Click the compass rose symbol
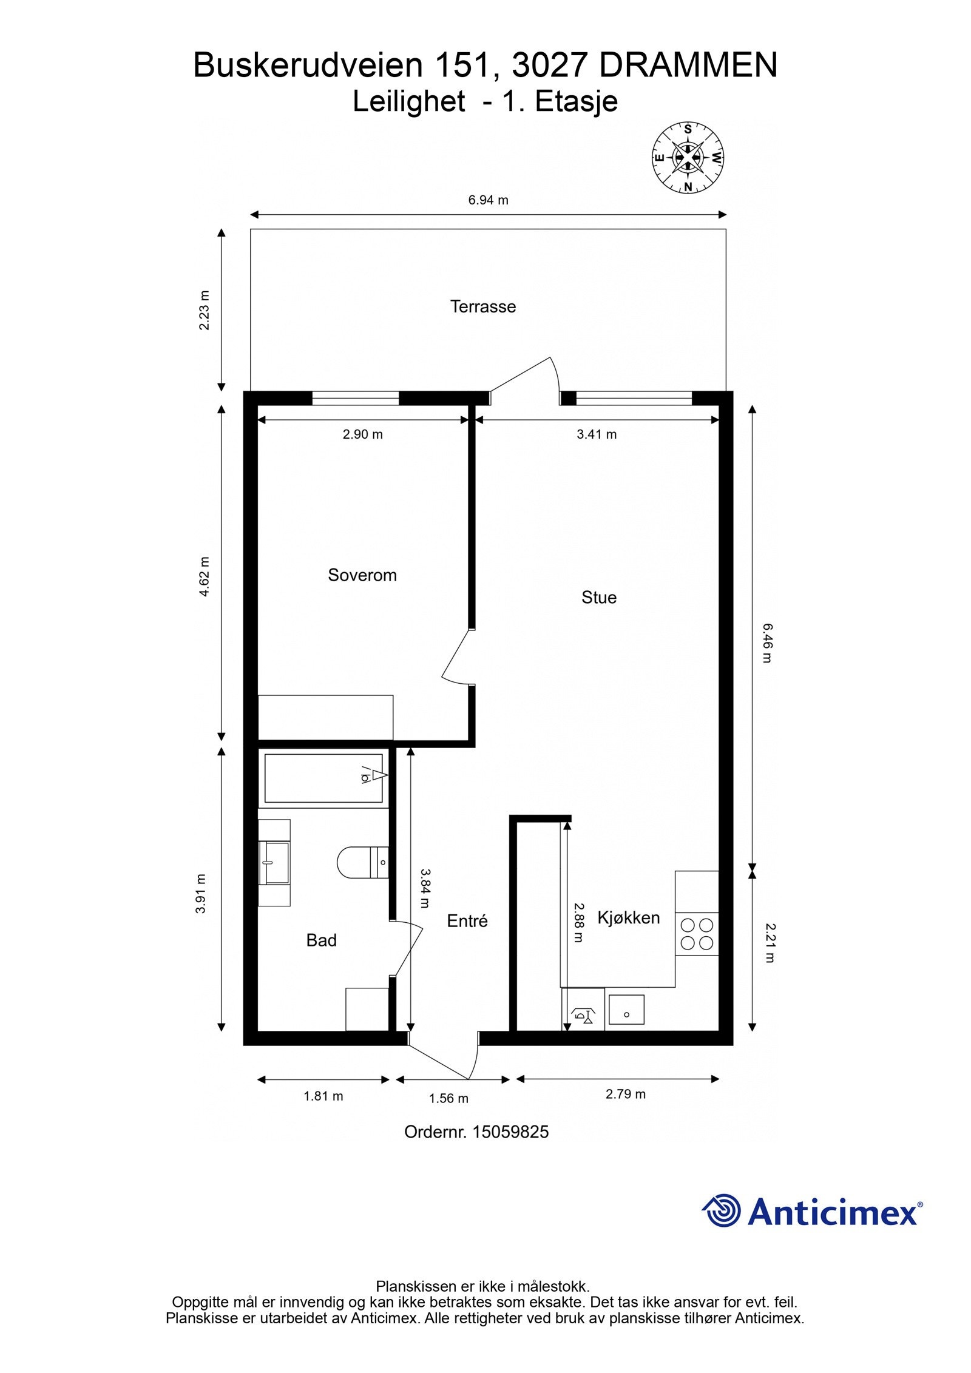coord(688,158)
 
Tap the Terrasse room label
coord(483,306)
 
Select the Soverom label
coord(362,575)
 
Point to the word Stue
coord(599,598)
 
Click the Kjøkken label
coord(629,917)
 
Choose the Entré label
coord(467,921)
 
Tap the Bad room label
coord(321,940)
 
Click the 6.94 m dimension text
coord(488,200)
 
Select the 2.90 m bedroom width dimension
coord(363,434)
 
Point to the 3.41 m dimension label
coord(597,434)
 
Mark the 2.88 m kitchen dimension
coord(578,923)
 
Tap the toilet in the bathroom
coord(363,862)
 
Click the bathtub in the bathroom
coord(323,778)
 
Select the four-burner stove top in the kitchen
coord(697,934)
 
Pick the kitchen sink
coord(626,1010)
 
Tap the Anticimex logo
coord(813,1212)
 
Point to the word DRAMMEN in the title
coord(688,66)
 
